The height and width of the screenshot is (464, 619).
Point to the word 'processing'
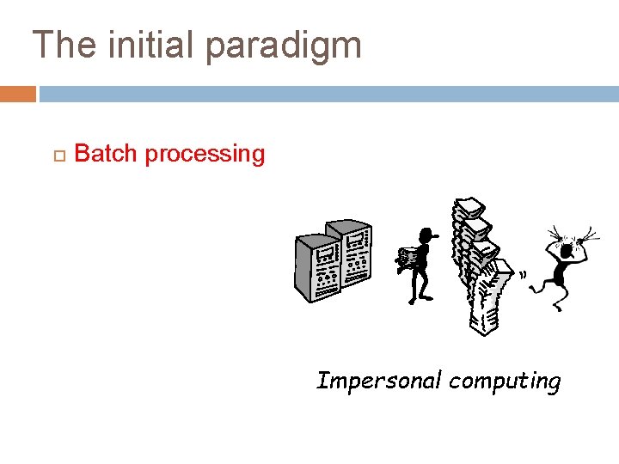pyautogui.click(x=205, y=155)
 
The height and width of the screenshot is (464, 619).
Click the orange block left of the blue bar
pyautogui.click(x=17, y=94)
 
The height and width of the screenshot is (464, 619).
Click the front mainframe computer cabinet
pyautogui.click(x=317, y=267)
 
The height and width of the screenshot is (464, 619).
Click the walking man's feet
pyautogui.click(x=420, y=300)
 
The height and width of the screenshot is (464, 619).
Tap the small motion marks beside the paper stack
pyautogui.click(x=521, y=275)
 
